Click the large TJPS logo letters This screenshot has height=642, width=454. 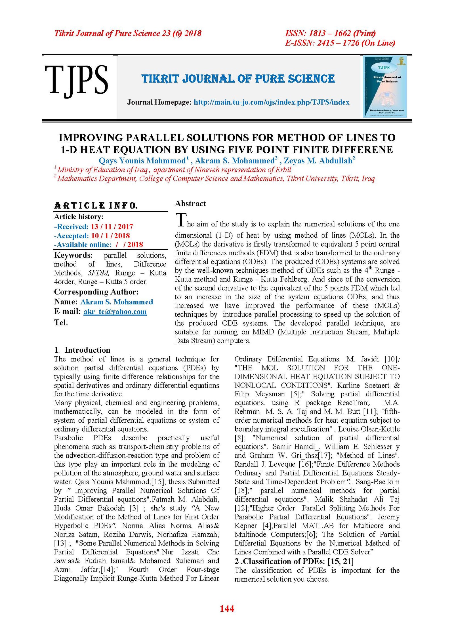(76, 80)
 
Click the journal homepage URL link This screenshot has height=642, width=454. (271, 102)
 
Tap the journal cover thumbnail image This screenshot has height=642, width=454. (385, 87)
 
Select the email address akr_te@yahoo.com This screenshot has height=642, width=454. (115, 311)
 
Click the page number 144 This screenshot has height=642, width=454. (227, 608)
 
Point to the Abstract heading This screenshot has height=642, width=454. (190, 203)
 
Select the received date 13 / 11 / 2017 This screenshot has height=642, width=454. (112, 227)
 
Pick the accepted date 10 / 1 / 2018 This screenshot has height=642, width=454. (110, 236)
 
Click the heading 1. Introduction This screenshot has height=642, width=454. (82, 350)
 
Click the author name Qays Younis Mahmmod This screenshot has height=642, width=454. (142, 161)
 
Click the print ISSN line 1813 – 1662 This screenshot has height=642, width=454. (330, 33)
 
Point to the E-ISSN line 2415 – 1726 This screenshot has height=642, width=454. (340, 43)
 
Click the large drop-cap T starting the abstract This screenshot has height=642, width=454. (181, 220)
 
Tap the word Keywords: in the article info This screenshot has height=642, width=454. (73, 255)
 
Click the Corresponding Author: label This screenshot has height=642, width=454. (96, 292)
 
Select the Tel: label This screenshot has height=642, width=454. (61, 323)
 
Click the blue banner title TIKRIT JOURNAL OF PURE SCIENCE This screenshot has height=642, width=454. (238, 79)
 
